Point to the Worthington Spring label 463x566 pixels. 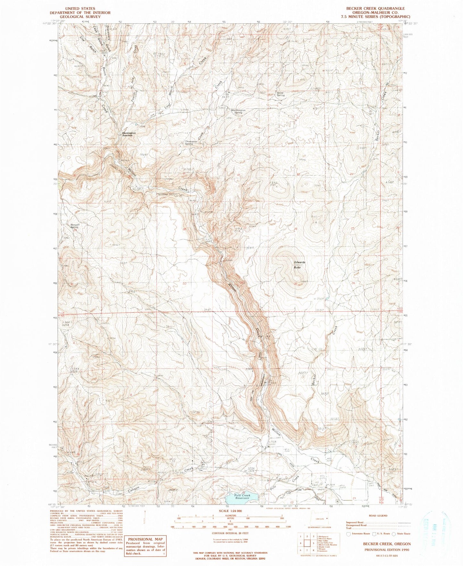pyautogui.click(x=238, y=111)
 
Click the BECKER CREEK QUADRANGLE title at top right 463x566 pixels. pyautogui.click(x=378, y=9)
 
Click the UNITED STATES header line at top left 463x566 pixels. pyautogui.click(x=80, y=9)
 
